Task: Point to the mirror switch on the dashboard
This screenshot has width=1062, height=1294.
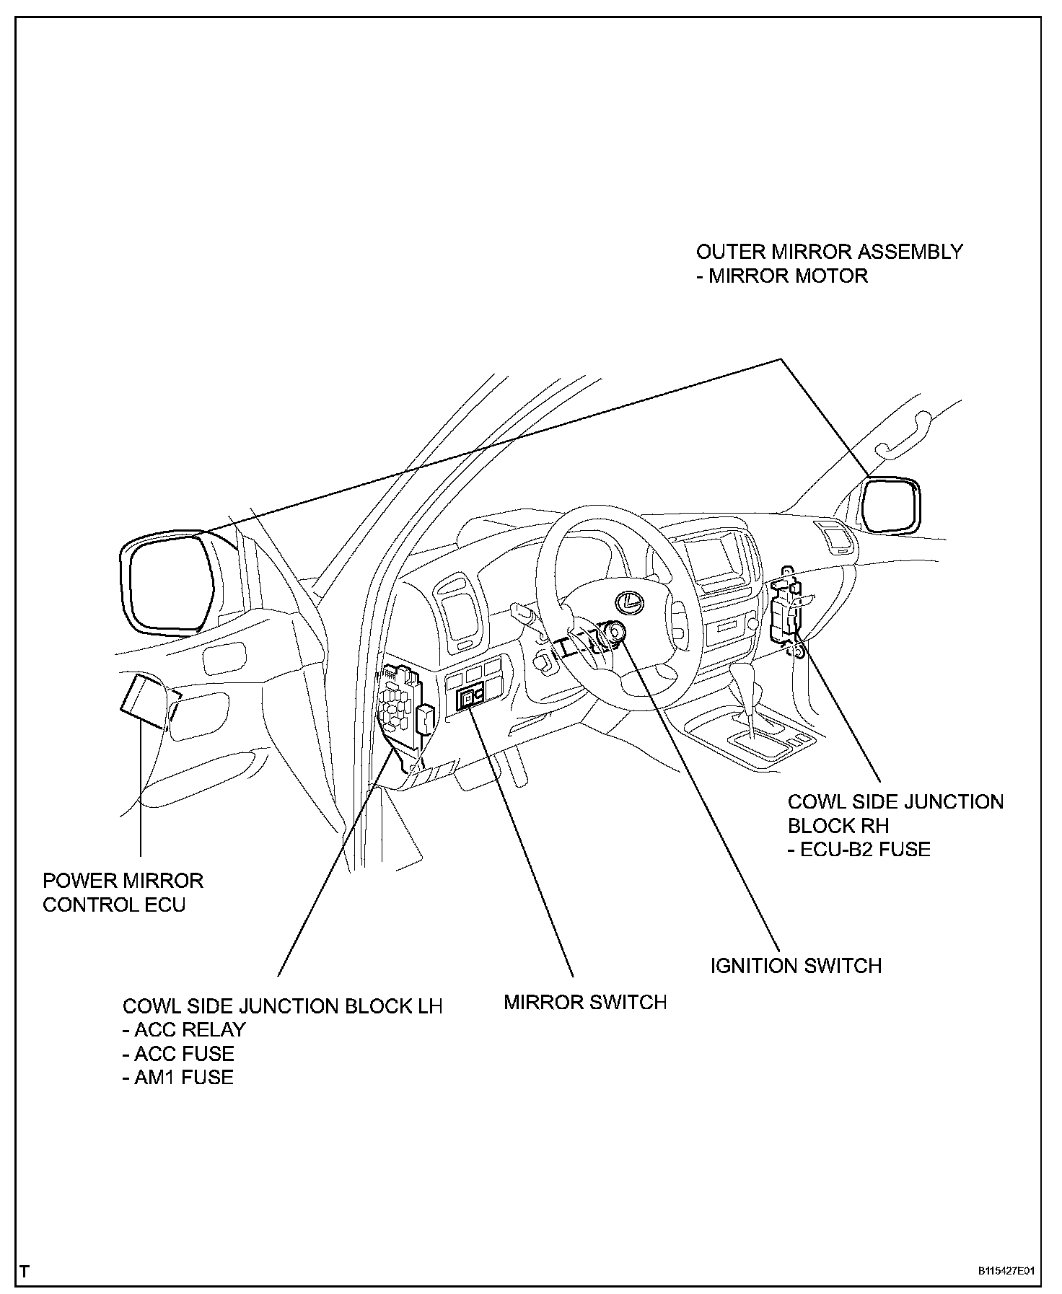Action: point(470,697)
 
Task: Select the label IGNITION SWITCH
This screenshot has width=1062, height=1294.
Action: point(796,966)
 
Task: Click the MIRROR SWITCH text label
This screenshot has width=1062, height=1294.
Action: point(585,1002)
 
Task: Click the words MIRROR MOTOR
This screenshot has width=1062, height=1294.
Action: point(788,276)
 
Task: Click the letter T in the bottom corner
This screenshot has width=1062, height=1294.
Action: point(25,1270)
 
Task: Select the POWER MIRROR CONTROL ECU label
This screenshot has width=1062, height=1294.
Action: point(123,892)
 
